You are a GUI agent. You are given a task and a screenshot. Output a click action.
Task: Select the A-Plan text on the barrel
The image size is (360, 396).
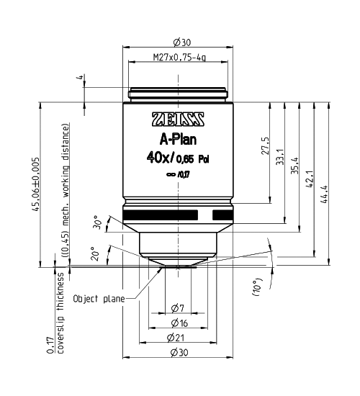178,140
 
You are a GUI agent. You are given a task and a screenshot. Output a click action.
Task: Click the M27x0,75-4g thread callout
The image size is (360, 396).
179,57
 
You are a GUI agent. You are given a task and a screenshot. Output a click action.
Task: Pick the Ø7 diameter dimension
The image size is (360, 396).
179,309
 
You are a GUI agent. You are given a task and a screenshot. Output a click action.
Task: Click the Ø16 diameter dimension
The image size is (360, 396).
179,324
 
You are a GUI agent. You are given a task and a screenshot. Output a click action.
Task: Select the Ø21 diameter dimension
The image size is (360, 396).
179,339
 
